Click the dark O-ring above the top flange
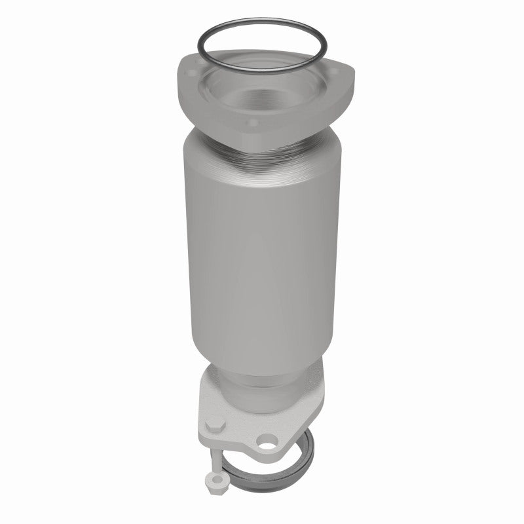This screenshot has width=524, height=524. [x=262, y=26]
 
